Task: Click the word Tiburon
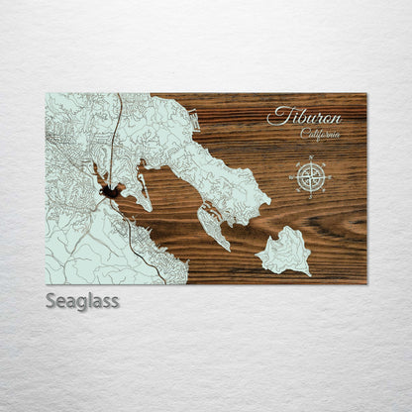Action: click(304, 116)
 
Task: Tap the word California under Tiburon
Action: click(320, 135)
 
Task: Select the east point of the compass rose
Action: click(330, 178)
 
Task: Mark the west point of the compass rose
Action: click(289, 178)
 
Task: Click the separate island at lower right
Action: click(284, 251)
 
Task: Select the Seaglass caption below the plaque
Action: click(81, 300)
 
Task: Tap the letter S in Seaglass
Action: click(51, 300)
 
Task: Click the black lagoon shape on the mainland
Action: click(110, 188)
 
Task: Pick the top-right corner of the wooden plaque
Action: click(365, 94)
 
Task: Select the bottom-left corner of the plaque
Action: click(46, 283)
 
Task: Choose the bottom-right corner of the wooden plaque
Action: click(365, 283)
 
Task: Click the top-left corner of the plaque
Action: click(46, 94)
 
